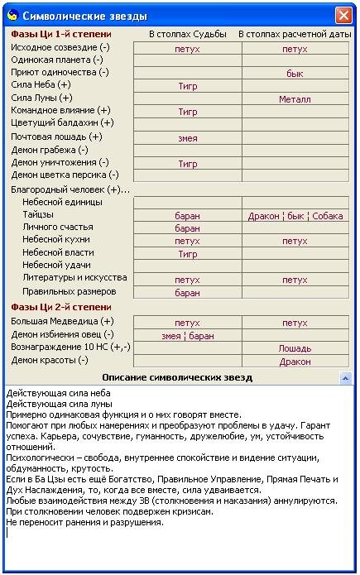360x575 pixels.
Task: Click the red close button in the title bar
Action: coord(343,15)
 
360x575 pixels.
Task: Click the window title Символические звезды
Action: coord(74,16)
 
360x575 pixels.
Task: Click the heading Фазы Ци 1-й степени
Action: coord(61,35)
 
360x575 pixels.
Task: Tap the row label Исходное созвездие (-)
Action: coord(60,48)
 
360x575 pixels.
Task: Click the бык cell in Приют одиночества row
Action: coord(295,74)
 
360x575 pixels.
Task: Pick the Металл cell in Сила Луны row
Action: coord(295,99)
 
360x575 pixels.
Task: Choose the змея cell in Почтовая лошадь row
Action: coord(188,138)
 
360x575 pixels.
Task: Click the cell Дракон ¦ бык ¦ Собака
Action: coord(295,216)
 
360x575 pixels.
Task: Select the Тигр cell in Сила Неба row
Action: coord(188,86)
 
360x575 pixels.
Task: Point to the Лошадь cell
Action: coord(295,348)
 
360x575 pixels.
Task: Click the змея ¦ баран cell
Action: coord(188,336)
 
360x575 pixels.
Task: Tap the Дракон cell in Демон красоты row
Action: coord(295,362)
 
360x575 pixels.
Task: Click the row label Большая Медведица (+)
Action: coord(62,321)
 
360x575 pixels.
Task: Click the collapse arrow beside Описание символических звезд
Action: coord(346,378)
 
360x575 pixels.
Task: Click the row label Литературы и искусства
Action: coord(74,279)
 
